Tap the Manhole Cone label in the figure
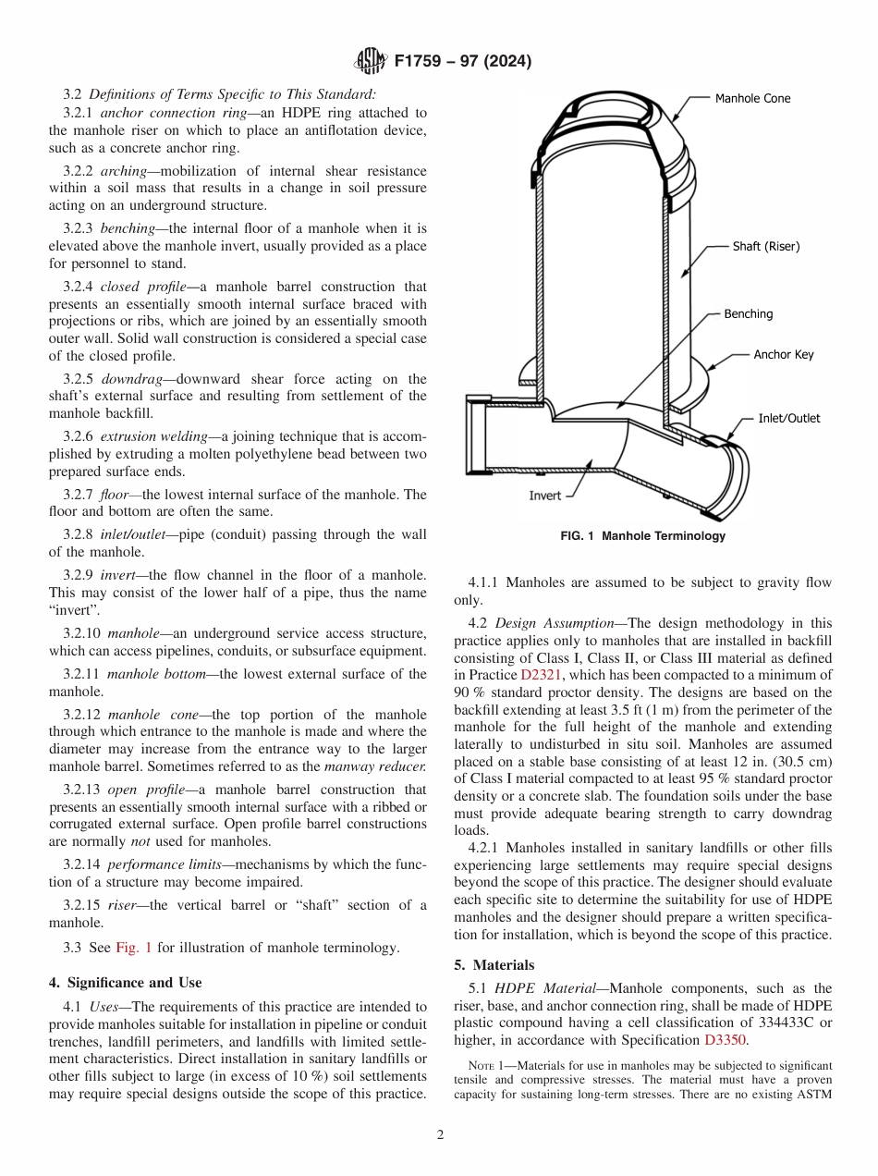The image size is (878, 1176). tap(752, 98)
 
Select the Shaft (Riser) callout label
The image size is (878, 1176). tap(766, 246)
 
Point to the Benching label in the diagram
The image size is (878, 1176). tap(748, 313)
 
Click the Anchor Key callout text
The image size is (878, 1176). tap(783, 354)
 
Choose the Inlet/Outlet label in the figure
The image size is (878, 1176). tap(788, 418)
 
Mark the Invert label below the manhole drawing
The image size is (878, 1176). tap(544, 496)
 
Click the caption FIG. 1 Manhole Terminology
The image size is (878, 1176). tap(643, 536)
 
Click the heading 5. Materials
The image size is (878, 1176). tap(494, 965)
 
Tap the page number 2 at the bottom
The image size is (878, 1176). tap(440, 1135)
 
